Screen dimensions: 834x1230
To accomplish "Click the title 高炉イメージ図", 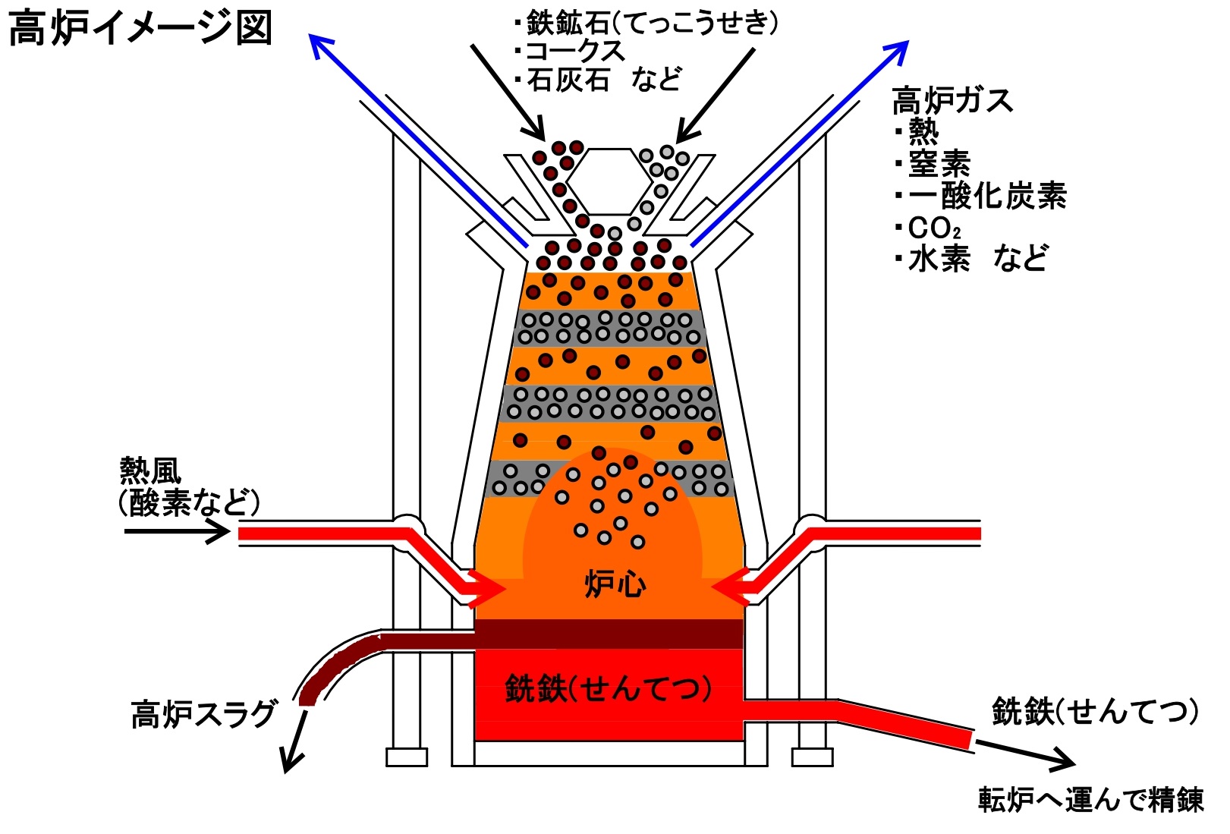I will click(x=140, y=29).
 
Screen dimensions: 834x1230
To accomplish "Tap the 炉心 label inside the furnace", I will click(x=615, y=584).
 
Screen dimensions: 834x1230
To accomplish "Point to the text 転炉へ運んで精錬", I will click(x=1090, y=800).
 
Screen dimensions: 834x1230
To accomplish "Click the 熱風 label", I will click(x=151, y=471).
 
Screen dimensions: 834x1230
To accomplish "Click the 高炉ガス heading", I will click(x=952, y=100).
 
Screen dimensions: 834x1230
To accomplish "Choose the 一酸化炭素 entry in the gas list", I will click(x=986, y=196).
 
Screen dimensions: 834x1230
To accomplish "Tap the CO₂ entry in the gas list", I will click(x=934, y=228).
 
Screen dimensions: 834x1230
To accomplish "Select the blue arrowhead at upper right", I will click(x=898, y=50).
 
